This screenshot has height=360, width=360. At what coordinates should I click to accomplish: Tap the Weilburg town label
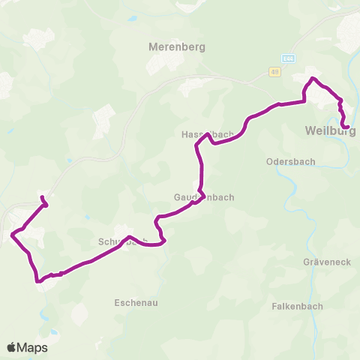click(x=330, y=131)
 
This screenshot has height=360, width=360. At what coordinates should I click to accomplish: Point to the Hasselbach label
click(x=208, y=135)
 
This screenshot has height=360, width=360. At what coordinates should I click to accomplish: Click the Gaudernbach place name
click(x=203, y=197)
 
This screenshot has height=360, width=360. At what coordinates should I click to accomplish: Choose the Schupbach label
click(x=122, y=242)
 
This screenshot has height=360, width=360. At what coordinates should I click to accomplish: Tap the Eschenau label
click(x=136, y=302)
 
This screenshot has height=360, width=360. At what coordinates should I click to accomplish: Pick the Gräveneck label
click(x=322, y=263)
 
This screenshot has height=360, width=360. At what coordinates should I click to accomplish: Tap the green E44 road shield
click(x=289, y=58)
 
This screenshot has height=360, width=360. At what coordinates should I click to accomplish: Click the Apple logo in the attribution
click(x=11, y=347)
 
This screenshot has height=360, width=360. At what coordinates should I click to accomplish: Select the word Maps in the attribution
click(x=32, y=347)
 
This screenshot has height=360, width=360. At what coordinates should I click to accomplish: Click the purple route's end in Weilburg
click(x=347, y=126)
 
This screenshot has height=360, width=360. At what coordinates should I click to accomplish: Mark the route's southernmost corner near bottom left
click(x=37, y=281)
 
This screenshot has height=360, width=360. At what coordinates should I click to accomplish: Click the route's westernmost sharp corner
click(x=12, y=235)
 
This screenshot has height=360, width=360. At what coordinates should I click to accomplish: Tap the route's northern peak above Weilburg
click(x=313, y=79)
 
